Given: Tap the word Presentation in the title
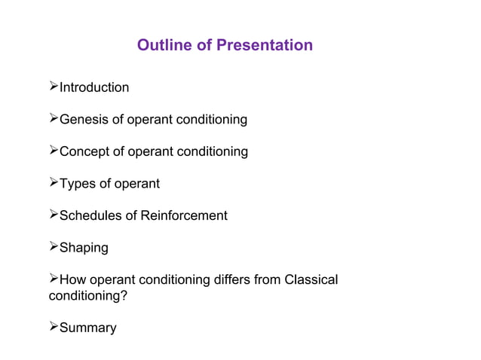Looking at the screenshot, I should pos(264,45).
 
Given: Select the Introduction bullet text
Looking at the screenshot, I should pos(94,87).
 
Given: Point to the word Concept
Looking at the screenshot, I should pos(83,151).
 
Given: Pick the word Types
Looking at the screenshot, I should pos(77,184).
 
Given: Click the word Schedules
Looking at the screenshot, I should pos(90,215).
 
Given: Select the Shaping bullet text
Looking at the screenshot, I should pos(84,248).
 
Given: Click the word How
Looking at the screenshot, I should pos(72,280).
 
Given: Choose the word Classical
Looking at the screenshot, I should pos(311,280).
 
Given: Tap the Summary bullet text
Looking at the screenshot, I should pos(88,328).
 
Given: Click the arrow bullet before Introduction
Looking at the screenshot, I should pos(53,87).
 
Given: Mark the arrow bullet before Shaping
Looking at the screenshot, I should pos(53,248).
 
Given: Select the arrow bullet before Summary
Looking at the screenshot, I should pos(53,328).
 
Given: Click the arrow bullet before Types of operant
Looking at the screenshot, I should pos(53,184).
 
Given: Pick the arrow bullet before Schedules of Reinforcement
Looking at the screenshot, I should pos(53,215).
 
